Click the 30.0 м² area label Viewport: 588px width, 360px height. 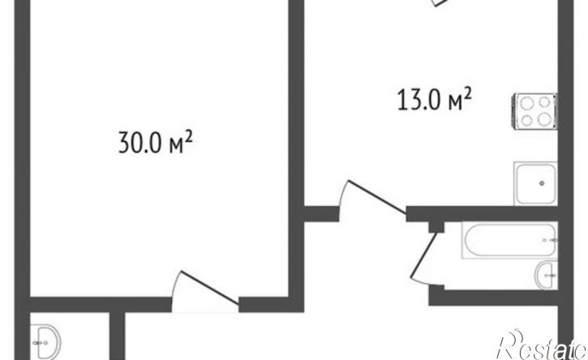coord(156,142)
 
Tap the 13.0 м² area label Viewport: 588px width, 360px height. coord(434,99)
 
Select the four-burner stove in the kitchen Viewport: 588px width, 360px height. coord(534,111)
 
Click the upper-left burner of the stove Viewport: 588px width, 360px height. coord(527,102)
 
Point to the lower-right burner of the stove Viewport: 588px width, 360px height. coord(544,120)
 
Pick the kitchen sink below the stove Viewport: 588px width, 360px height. coord(535,183)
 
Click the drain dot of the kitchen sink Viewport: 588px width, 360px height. coord(542,183)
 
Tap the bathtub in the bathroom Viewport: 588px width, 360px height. coord(510,240)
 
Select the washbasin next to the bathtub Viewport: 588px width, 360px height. coord(547,275)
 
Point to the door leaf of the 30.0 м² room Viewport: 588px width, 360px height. coord(209,287)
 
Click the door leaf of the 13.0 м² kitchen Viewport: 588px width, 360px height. coord(377,198)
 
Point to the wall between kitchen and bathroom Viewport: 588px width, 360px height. coord(483,214)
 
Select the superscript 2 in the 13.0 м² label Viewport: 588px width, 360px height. coord(467,92)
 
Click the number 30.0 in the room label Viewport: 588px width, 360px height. coord(139,143)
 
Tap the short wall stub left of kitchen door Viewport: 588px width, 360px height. coord(321,214)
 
